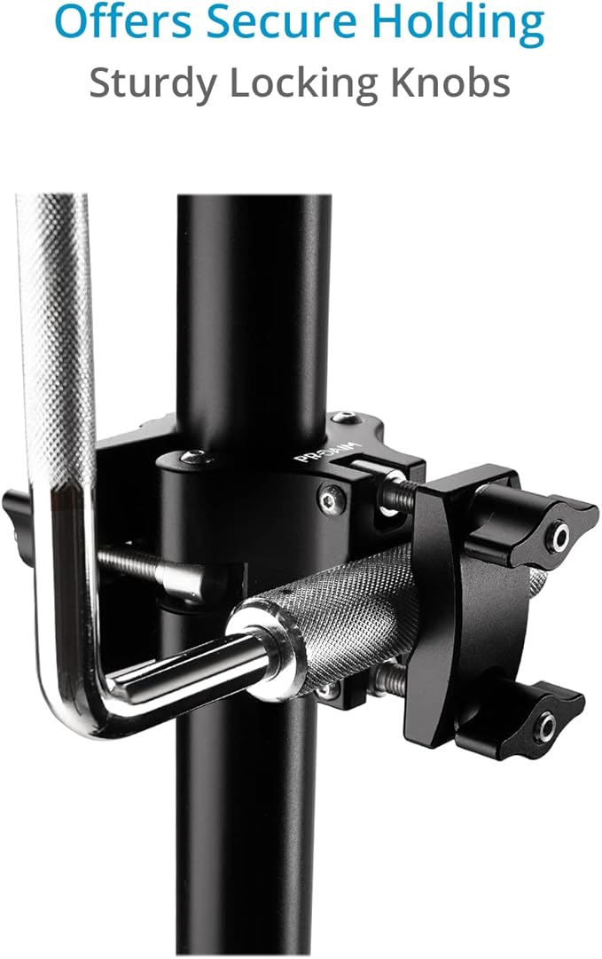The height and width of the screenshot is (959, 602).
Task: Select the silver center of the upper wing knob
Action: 559,535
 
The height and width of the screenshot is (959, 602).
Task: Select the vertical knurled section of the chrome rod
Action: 58,355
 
